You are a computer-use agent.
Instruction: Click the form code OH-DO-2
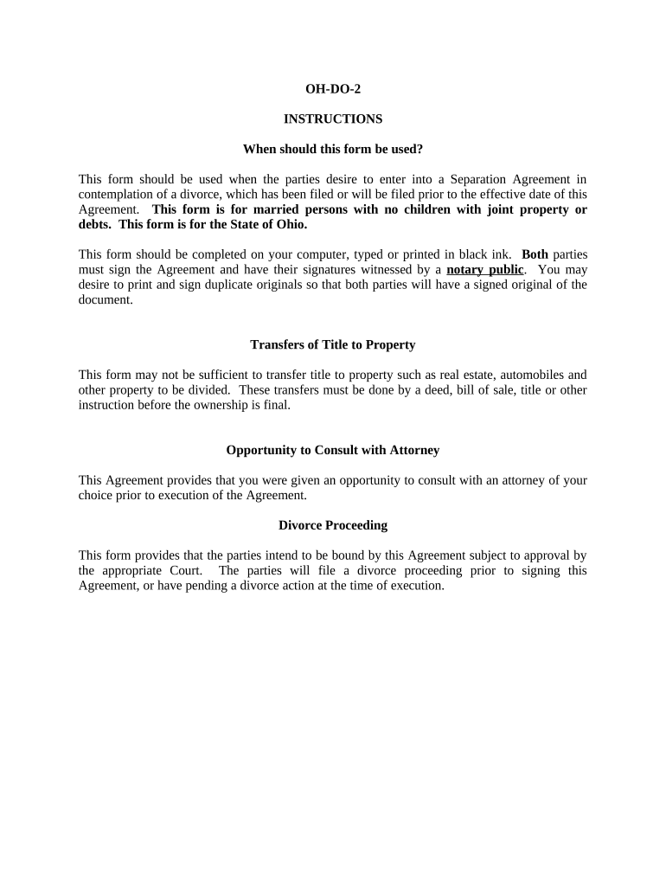point(333,88)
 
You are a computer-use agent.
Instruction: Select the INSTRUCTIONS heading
point(333,119)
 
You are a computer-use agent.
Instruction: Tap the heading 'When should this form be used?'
point(333,149)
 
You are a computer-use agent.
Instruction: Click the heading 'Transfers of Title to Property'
point(333,344)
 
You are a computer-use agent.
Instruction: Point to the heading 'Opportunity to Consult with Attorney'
point(333,450)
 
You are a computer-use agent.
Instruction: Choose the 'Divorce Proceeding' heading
point(333,525)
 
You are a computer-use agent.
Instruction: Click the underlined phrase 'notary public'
point(485,269)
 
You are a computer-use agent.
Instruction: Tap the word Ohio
point(288,224)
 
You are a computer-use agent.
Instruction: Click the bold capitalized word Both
point(535,254)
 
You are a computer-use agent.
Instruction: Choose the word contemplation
point(115,194)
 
